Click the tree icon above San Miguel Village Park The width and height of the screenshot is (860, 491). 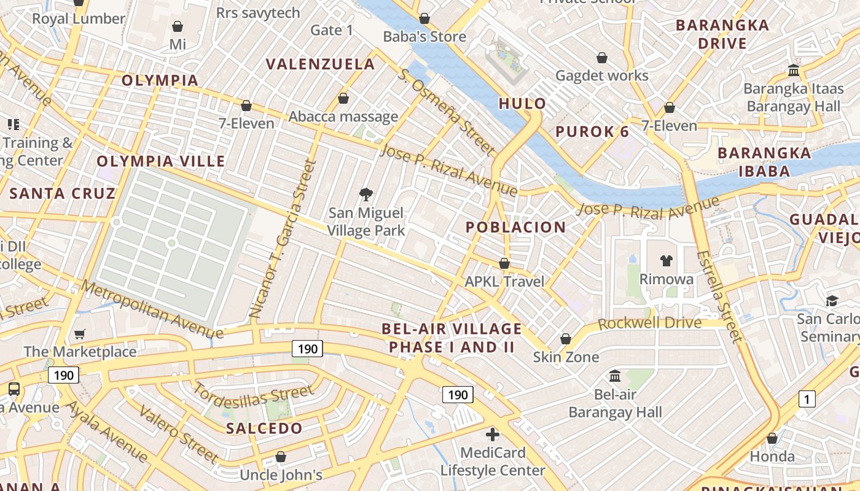point(366,195)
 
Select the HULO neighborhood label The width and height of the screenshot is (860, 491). point(522,103)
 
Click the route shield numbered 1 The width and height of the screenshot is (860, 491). point(807,399)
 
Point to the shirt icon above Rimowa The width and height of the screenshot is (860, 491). point(666,261)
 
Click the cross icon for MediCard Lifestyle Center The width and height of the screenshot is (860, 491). point(493,435)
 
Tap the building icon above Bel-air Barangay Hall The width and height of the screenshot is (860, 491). point(615,376)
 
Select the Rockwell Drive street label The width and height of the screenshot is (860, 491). point(649,323)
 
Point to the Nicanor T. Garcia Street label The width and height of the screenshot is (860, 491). point(284,239)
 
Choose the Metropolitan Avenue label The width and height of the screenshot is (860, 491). point(152,310)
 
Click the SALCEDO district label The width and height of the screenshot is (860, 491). point(264,428)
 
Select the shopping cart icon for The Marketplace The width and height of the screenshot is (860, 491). point(80,334)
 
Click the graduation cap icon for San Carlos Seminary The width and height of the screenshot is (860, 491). point(832,301)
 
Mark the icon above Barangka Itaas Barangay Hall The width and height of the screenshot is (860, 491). point(793,70)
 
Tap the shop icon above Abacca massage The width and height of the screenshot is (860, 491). point(343,98)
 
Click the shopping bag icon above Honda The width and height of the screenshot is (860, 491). point(772,438)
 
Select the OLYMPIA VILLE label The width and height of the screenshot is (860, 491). point(161,161)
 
